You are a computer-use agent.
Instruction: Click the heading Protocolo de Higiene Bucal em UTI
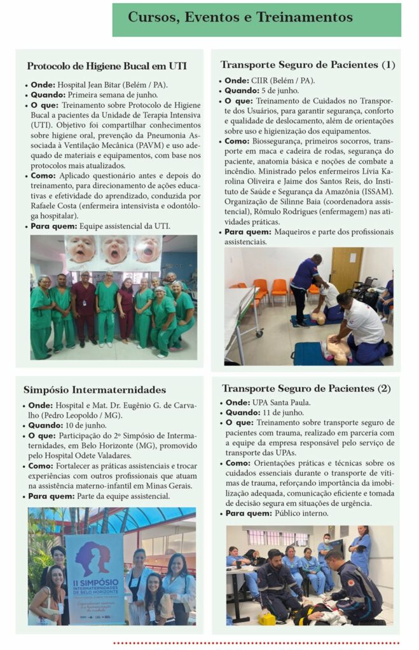click(107, 66)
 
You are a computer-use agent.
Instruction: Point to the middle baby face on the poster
click(114, 249)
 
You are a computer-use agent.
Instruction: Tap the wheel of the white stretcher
click(259, 334)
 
